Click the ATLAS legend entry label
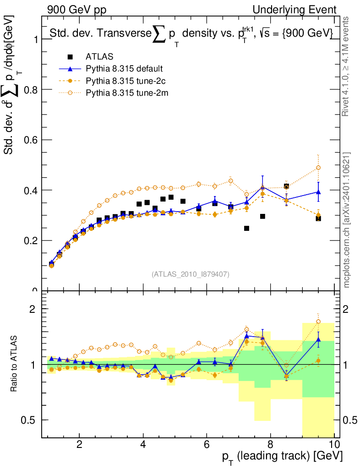[99, 57]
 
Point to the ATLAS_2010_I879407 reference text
[191, 274]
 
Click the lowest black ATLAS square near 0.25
[246, 228]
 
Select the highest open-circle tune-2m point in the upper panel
[318, 168]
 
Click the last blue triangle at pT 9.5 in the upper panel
[318, 192]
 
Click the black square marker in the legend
[70, 57]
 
